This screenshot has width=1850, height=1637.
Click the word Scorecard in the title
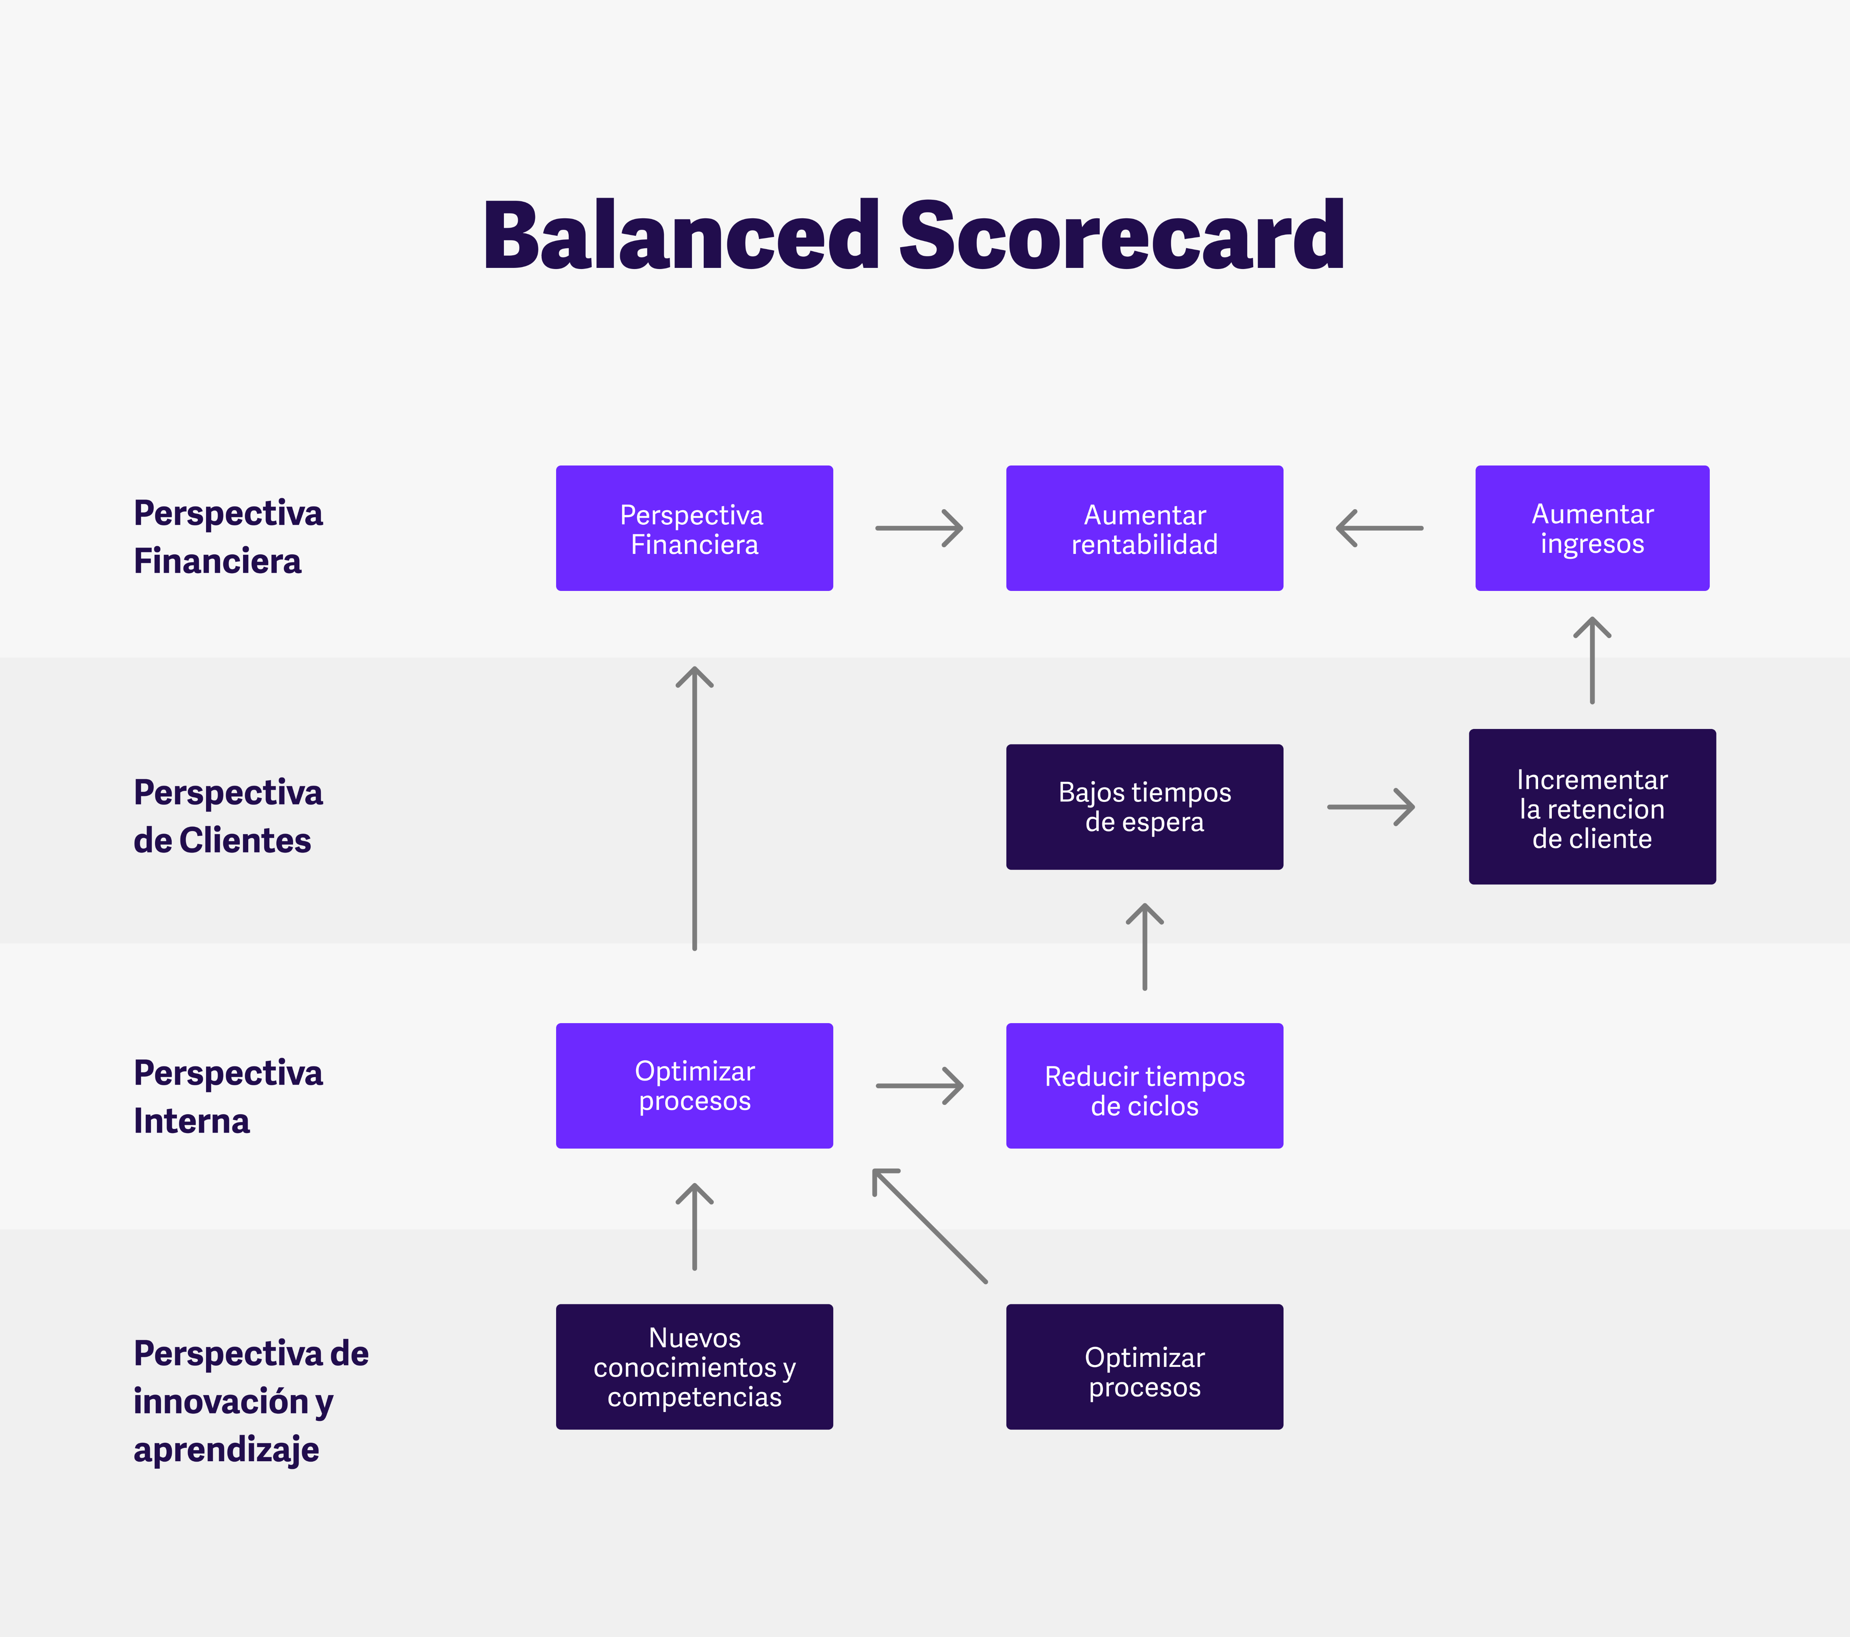[x=1121, y=235]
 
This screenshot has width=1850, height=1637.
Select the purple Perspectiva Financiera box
[x=694, y=528]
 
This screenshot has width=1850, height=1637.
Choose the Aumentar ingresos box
[x=1592, y=528]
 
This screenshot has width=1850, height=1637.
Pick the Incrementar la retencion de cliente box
[x=1592, y=807]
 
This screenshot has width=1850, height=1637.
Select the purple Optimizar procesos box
[x=694, y=1086]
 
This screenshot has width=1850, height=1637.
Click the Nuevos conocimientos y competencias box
[x=694, y=1367]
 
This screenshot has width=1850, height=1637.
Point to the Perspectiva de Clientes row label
[x=228, y=816]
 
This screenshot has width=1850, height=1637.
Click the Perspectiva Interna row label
[x=228, y=1097]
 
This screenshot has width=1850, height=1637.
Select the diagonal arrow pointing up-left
[x=929, y=1225]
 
